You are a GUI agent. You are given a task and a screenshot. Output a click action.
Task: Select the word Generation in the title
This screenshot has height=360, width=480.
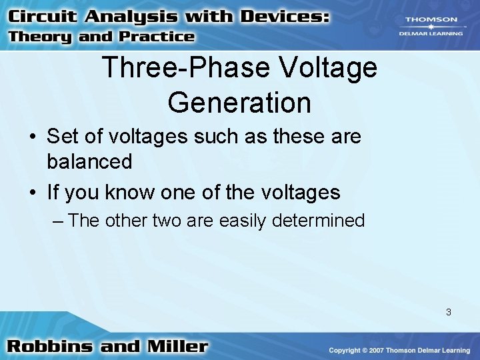[239, 103]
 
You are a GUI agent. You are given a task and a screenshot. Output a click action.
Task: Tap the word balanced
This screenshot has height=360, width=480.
[89, 161]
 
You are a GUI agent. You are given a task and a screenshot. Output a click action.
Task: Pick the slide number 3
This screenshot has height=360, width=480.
[449, 311]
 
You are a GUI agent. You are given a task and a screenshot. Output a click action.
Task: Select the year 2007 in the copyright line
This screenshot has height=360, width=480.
[377, 351]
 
